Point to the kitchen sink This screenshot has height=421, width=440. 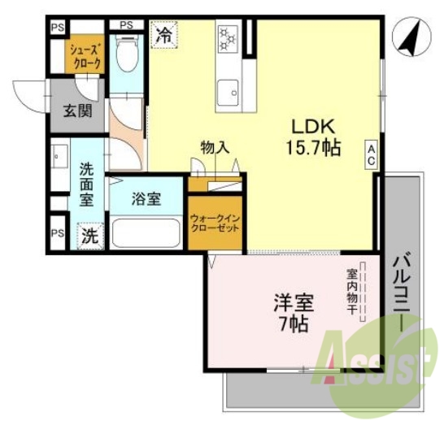tap(228, 90)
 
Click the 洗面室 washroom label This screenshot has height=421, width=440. tap(87, 184)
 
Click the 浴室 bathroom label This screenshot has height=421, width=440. tap(146, 199)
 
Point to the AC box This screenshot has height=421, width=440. tap(370, 154)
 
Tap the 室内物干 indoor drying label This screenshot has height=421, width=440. tap(353, 293)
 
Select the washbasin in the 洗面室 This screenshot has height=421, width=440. tap(59, 154)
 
